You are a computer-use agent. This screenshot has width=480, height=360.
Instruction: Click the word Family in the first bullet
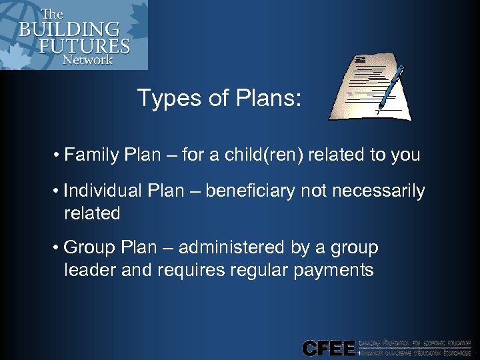click(91, 155)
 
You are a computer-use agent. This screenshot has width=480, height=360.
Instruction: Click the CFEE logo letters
click(328, 348)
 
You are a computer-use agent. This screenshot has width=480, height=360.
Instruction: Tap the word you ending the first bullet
click(405, 155)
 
